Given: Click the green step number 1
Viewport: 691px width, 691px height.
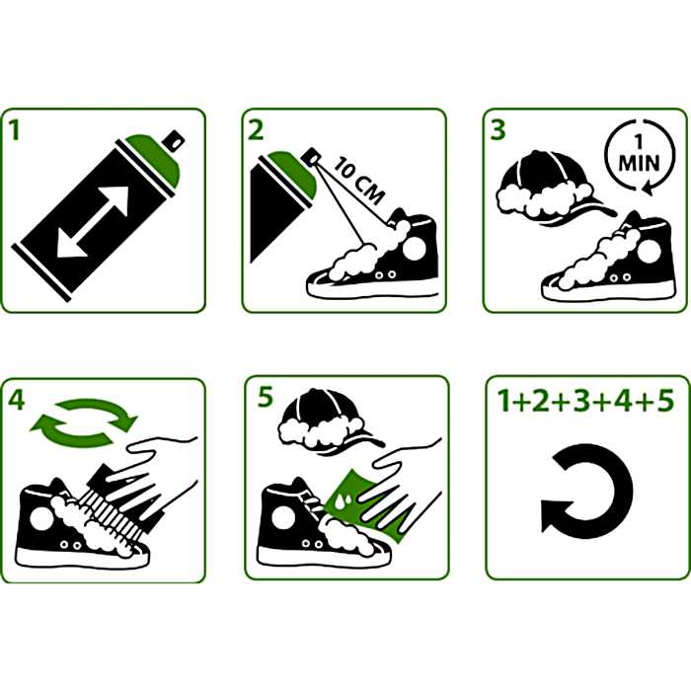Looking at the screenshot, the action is click(15, 130).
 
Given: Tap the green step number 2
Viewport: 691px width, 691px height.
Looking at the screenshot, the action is click(256, 130).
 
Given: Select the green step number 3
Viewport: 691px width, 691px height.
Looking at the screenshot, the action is click(498, 130).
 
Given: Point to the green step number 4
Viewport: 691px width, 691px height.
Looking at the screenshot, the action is click(17, 401).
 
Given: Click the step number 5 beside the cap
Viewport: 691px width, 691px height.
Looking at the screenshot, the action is click(266, 397).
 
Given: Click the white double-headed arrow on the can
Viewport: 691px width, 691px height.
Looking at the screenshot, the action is click(93, 221).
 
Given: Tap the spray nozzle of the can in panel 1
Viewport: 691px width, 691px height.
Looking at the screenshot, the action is click(174, 141).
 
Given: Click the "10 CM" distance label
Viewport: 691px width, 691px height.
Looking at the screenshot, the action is click(358, 181).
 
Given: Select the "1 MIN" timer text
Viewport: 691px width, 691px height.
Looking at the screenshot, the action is click(639, 157).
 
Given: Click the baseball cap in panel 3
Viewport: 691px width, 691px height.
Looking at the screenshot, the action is click(552, 189).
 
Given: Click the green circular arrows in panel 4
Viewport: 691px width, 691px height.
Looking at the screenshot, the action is click(84, 423).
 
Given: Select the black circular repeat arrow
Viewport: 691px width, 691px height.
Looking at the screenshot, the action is click(587, 491).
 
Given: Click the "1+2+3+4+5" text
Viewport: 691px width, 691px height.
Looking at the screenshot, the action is click(585, 401).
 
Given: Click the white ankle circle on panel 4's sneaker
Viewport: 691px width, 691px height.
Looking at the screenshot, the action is click(41, 518).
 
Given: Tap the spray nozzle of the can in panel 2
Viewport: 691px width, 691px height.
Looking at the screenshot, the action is click(312, 157).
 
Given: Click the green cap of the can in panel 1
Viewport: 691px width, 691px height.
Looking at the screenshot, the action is click(153, 160).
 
